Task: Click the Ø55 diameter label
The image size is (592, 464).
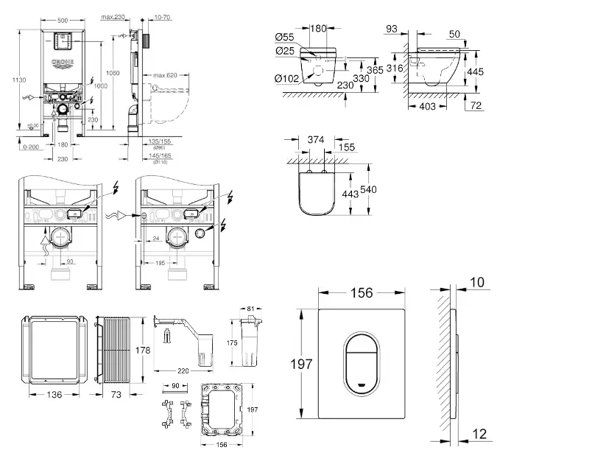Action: click(x=284, y=37)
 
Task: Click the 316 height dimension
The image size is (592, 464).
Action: click(x=395, y=68)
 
